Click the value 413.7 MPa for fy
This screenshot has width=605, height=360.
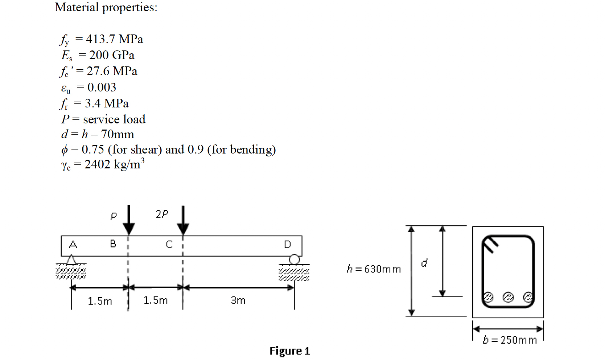click(114, 39)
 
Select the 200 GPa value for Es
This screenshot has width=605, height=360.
click(112, 55)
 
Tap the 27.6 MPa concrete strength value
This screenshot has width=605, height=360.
click(112, 71)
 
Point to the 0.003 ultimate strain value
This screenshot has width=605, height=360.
click(102, 87)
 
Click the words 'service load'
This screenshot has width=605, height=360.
click(114, 119)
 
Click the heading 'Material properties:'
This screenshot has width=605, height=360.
click(106, 7)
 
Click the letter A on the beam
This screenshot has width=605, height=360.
click(73, 244)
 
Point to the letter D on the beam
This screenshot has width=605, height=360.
click(287, 245)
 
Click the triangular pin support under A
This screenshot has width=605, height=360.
click(71, 260)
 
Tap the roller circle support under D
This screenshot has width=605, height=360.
click(294, 259)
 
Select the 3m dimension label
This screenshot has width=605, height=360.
click(238, 300)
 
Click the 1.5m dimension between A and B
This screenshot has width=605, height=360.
click(100, 301)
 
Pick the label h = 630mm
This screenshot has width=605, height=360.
click(374, 269)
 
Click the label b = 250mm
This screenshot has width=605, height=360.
click(510, 340)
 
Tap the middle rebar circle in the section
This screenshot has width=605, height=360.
click(508, 297)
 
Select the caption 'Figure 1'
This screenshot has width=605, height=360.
click(289, 351)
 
